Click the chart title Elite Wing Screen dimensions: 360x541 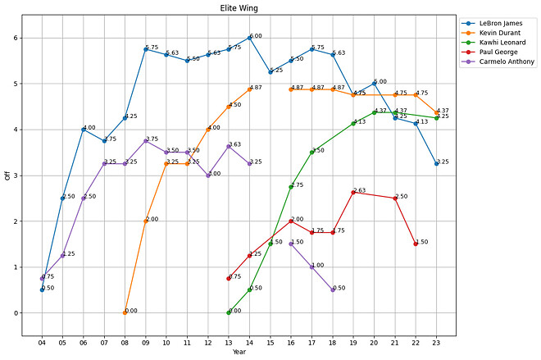[x=239, y=7]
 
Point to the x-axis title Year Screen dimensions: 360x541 [x=239, y=352]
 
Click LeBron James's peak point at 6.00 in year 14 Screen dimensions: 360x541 [x=250, y=38]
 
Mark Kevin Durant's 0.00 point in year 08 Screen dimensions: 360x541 [x=125, y=312]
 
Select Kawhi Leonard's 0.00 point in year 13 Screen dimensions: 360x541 [x=229, y=312]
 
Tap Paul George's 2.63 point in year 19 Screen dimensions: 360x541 [x=353, y=192]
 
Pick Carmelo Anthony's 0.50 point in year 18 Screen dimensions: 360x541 [x=333, y=289]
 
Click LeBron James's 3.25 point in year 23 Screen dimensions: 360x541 [x=437, y=164]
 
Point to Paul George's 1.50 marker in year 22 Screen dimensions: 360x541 [x=416, y=244]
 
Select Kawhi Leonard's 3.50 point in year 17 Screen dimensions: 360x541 [x=312, y=152]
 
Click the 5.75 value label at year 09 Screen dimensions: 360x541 [x=152, y=48]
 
